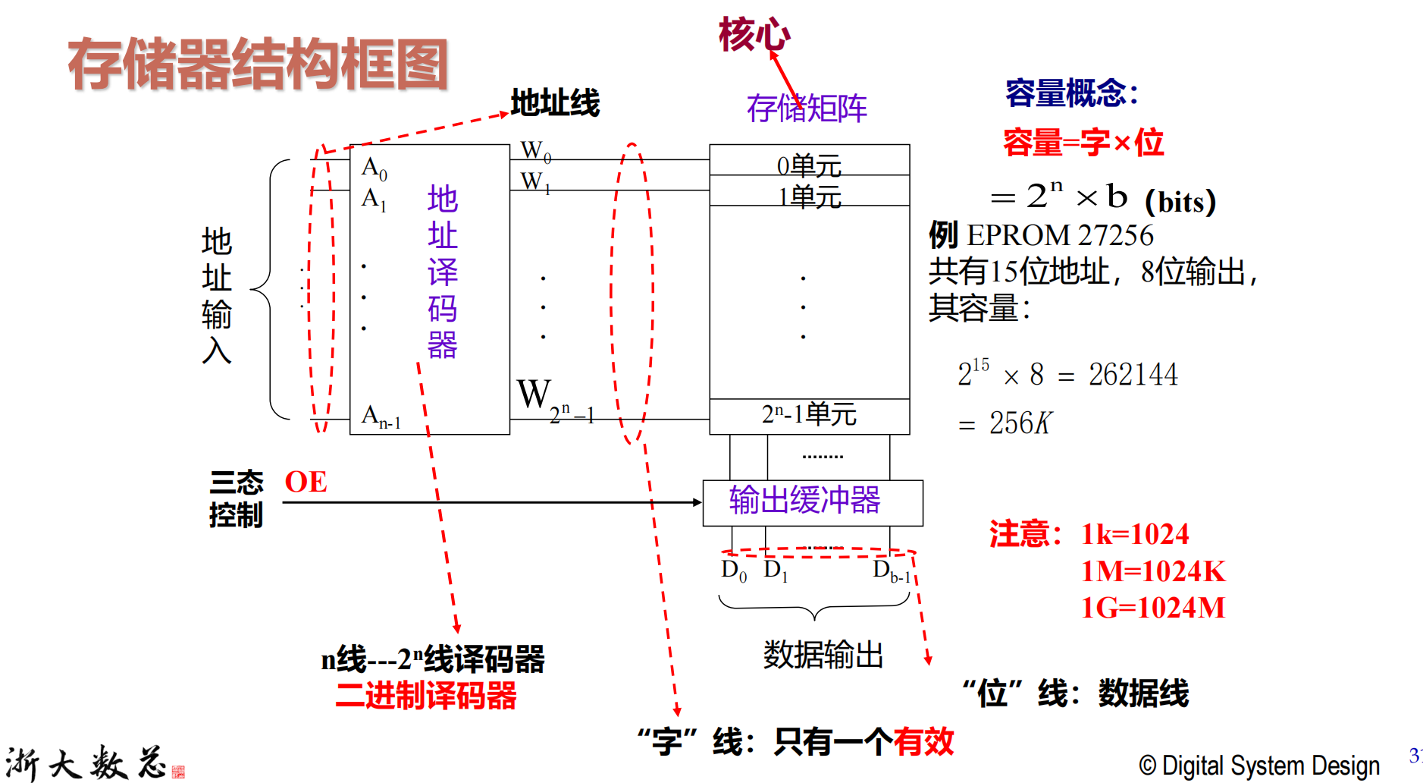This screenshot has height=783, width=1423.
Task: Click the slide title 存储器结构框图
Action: (258, 64)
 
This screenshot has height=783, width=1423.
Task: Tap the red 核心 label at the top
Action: (754, 35)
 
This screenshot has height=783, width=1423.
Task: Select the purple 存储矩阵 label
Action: (807, 108)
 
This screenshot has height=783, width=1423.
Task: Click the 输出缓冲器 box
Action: (813, 502)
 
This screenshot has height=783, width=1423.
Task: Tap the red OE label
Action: (306, 482)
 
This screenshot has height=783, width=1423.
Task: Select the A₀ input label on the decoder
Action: (375, 168)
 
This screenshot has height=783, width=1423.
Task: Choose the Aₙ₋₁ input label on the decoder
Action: (381, 417)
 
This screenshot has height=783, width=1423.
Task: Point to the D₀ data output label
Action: (734, 570)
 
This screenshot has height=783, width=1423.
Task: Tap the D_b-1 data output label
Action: (892, 570)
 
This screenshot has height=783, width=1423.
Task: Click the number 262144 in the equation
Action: (1133, 375)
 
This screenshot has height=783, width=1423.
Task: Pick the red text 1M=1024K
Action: (1153, 571)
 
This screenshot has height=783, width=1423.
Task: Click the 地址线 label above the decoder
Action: (555, 102)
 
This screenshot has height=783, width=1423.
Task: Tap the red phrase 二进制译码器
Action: (426, 696)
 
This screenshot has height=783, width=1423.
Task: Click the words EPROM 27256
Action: (1060, 236)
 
